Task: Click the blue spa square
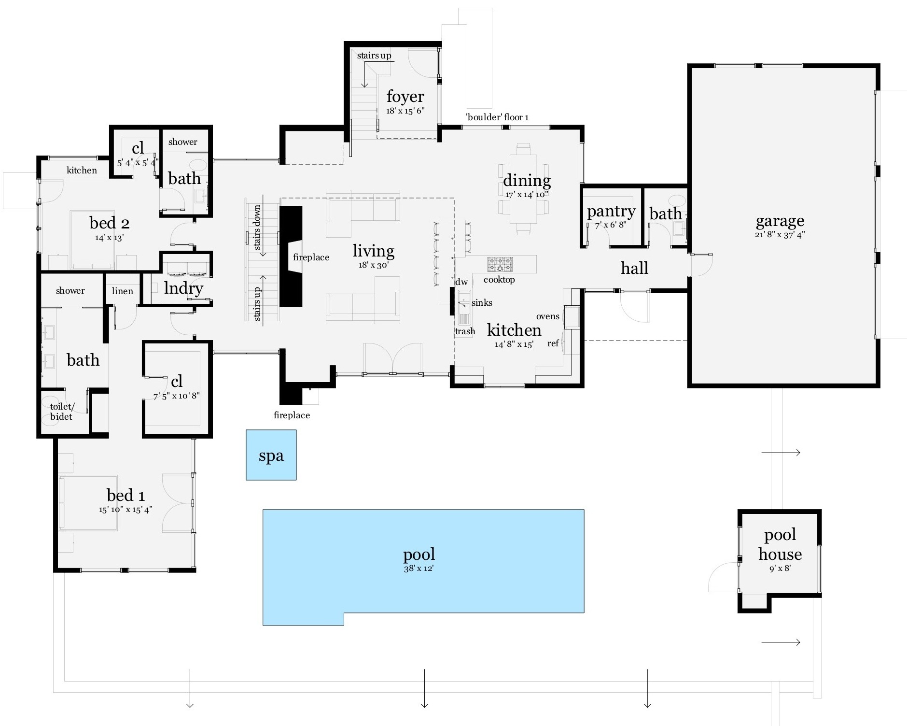click(271, 455)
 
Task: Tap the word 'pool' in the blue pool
click(419, 555)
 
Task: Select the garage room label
click(780, 221)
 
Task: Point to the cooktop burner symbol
click(500, 264)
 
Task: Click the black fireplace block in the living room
click(291, 256)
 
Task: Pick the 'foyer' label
click(405, 97)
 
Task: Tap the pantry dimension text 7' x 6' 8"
click(611, 225)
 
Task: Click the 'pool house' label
click(780, 544)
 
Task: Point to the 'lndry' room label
click(183, 288)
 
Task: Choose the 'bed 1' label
click(126, 496)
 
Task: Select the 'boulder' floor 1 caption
click(497, 117)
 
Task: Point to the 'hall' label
click(634, 268)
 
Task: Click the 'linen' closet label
click(123, 291)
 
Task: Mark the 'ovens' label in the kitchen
click(548, 316)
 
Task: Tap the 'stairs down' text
click(257, 227)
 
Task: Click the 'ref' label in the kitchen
click(553, 343)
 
